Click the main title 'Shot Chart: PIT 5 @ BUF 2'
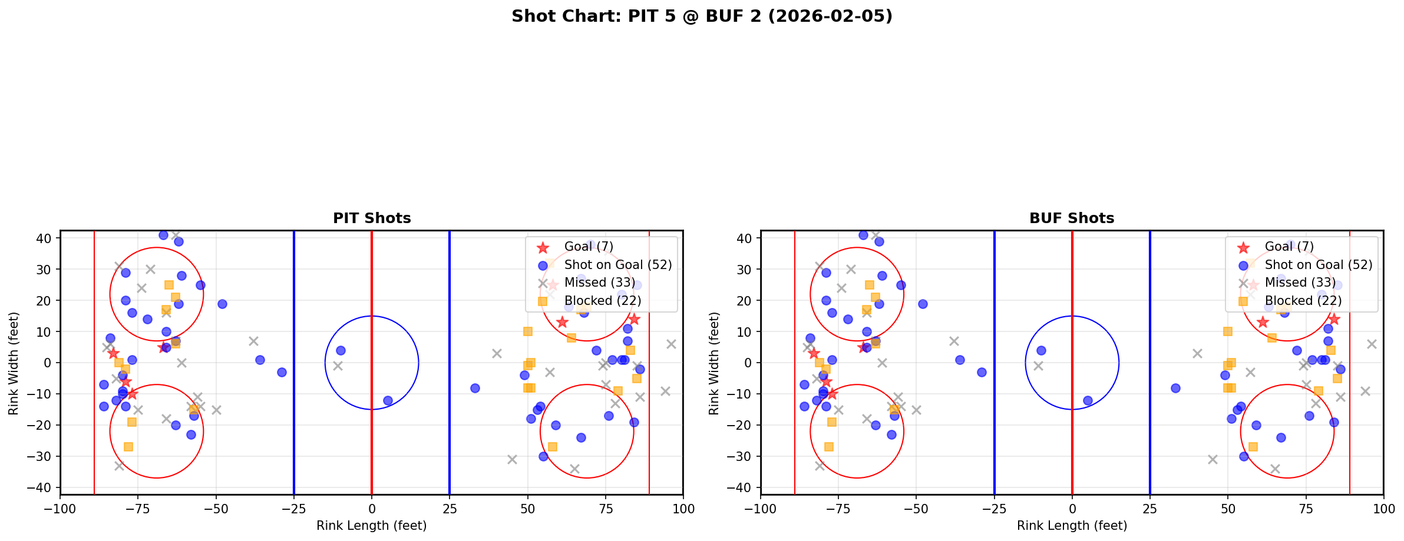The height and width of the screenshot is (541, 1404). (x=702, y=16)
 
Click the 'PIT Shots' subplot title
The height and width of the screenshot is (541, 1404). (x=372, y=218)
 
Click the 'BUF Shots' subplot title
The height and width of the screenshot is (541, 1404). (x=1072, y=218)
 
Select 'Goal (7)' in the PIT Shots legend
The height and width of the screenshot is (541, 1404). (x=589, y=247)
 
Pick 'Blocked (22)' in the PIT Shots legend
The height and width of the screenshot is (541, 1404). (x=602, y=301)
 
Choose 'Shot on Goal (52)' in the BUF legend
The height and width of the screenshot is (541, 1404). (x=1319, y=265)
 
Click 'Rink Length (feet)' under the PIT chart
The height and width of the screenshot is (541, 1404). (x=372, y=526)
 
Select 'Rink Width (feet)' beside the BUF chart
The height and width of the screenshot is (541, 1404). (x=714, y=363)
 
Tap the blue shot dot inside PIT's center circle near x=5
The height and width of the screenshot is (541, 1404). (x=388, y=400)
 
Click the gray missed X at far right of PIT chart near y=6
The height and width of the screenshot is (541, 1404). (x=671, y=344)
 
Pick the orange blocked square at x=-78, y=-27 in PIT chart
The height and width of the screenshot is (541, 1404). (x=128, y=447)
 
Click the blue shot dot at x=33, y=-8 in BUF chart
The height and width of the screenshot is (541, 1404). (x=1175, y=388)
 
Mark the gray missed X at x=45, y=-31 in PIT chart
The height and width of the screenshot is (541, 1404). (x=512, y=459)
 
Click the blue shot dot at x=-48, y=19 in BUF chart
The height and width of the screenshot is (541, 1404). (x=923, y=304)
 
